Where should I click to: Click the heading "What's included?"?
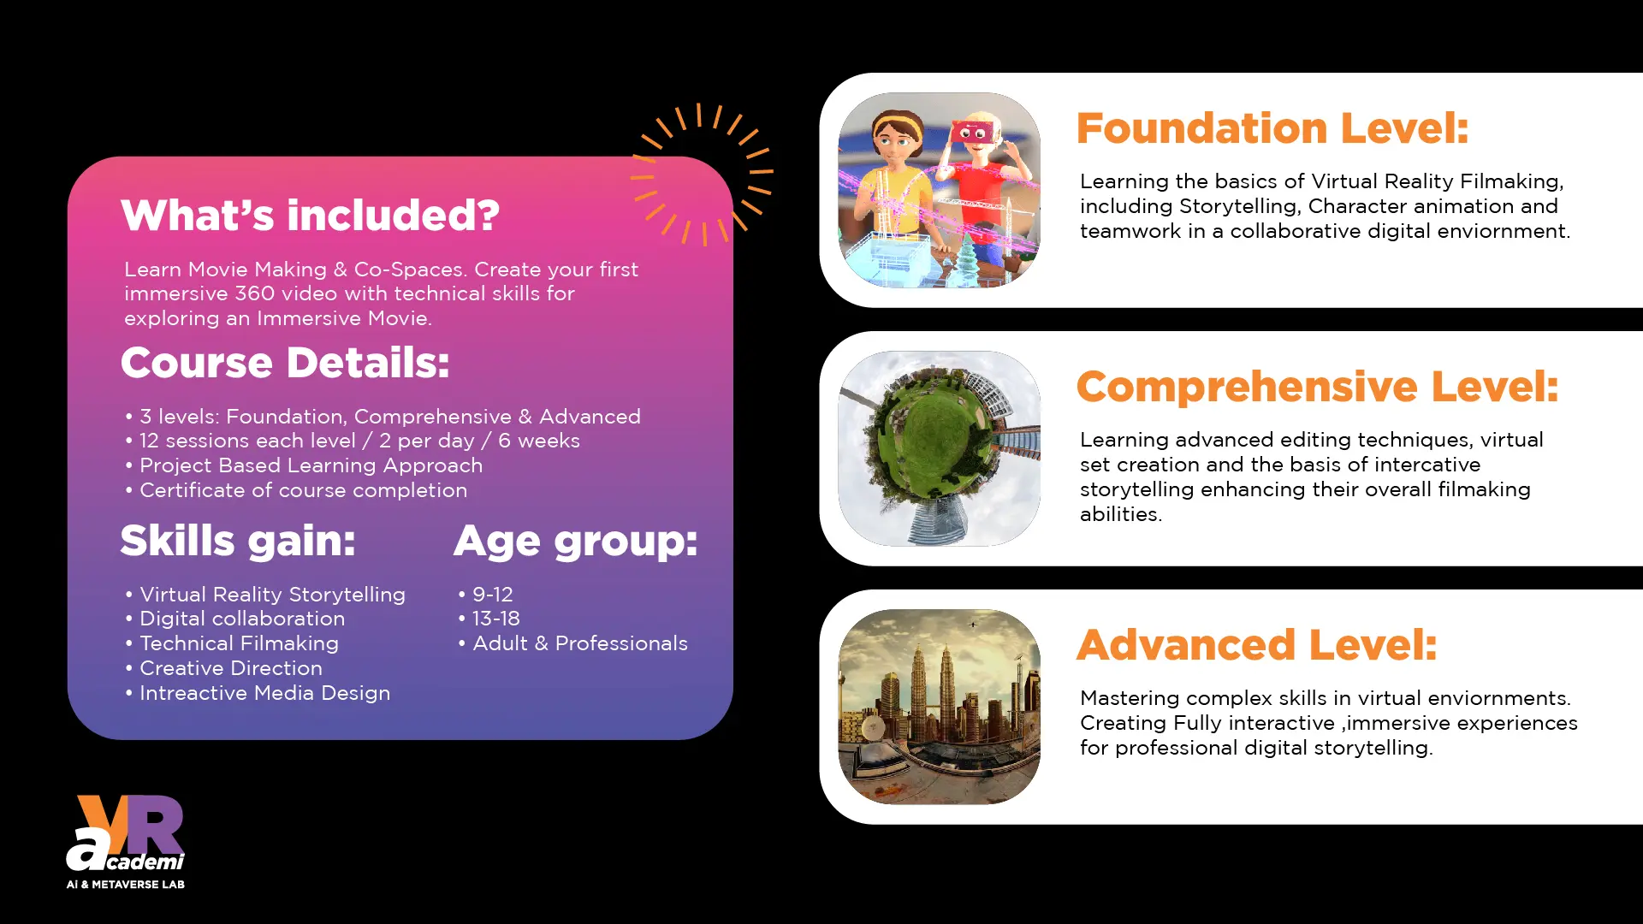pos(310,215)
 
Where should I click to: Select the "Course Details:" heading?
pos(285,363)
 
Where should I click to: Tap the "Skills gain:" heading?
pos(238,541)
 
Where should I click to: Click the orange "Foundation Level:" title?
pos(1272,128)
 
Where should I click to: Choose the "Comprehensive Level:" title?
pos(1318,387)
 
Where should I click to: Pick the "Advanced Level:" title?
pos(1257,645)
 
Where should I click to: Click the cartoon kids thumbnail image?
pos(940,190)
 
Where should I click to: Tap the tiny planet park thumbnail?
pos(940,448)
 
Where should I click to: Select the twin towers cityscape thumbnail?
pos(940,707)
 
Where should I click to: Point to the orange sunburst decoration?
pos(703,174)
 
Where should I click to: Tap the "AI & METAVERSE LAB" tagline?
pos(126,884)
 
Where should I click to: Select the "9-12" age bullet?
pos(486,594)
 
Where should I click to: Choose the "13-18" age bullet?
pos(489,619)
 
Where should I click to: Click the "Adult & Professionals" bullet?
pos(573,643)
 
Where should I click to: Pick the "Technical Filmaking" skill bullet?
pos(232,643)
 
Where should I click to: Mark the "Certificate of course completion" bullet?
pos(296,490)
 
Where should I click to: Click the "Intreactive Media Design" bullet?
pos(258,693)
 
